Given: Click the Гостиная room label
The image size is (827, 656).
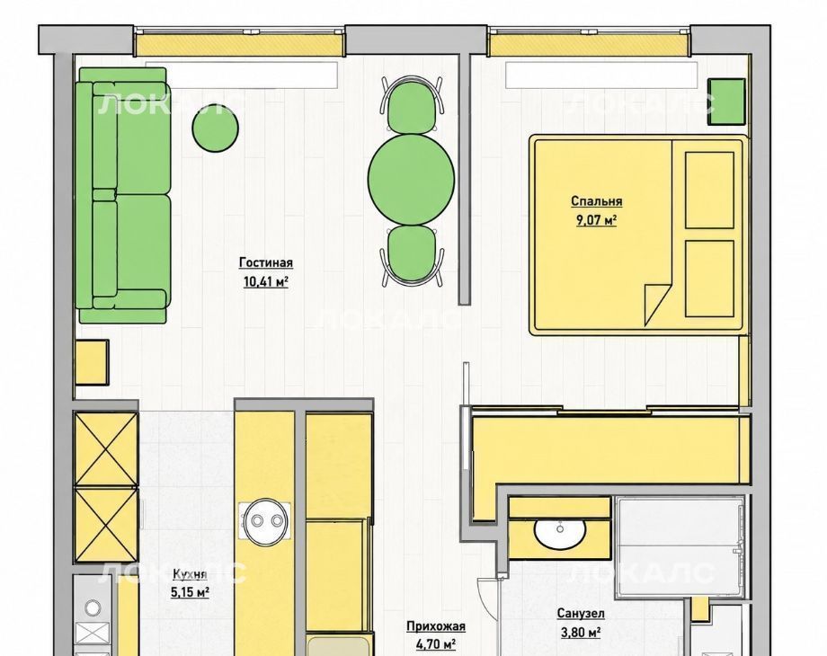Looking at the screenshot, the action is point(266,262).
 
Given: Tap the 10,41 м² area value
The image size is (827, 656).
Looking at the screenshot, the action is point(266,281).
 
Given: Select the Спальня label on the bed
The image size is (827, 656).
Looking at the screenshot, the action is point(597,201).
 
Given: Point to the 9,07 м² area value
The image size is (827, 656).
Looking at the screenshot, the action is point(597,219).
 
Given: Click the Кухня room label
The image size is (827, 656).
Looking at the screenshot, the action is point(190,573).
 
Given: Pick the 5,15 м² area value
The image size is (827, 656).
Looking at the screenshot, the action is point(190,592).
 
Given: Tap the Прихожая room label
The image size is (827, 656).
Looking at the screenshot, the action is point(436,626).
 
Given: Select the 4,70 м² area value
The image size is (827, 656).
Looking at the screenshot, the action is point(436,644).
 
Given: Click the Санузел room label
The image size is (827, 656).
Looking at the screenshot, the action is point(581,613).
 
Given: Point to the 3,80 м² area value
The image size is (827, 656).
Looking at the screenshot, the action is point(581,632).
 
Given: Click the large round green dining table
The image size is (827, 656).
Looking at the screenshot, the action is point(412,180).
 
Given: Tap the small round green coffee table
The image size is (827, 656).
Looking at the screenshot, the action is point(215,129).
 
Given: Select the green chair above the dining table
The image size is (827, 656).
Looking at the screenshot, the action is point(412,105).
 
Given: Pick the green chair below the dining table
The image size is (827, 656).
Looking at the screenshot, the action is point(412,254).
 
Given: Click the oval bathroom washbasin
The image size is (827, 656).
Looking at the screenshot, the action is point(560,531).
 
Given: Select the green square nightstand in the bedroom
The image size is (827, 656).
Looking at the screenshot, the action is point(726,102).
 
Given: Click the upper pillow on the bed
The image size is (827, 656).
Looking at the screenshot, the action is point(709,190).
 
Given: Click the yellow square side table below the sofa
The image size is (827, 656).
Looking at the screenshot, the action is point(92,362).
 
